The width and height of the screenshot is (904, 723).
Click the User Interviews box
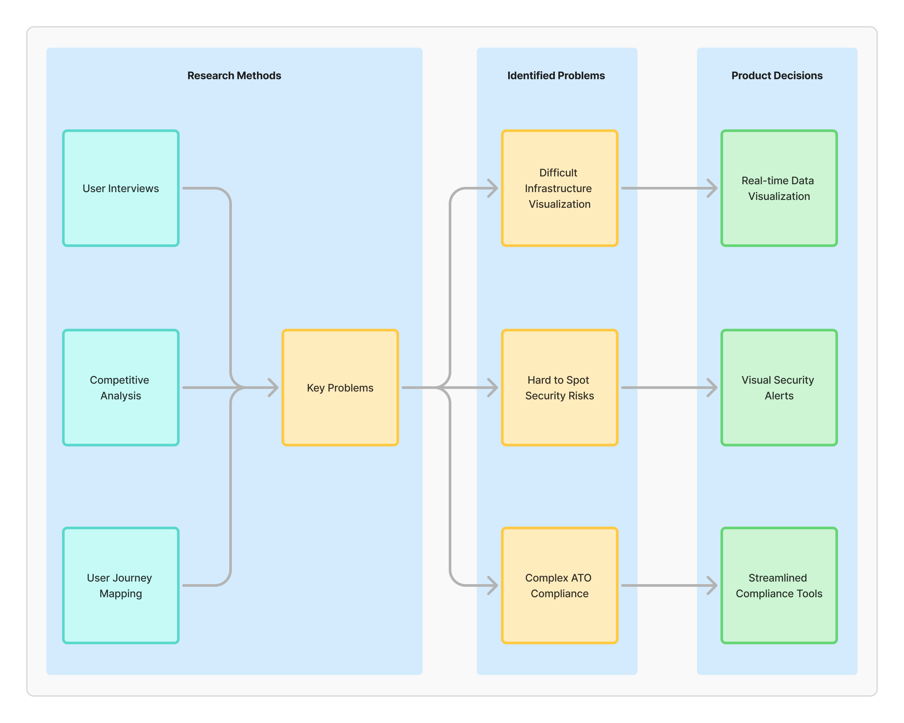121,188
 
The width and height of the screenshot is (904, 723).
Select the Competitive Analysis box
121,387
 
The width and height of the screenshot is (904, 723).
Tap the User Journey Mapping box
121,585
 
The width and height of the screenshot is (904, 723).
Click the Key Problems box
340,387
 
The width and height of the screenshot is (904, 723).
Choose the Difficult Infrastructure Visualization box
559,188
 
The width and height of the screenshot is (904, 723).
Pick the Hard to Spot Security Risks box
559,387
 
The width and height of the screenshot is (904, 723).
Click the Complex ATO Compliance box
559,585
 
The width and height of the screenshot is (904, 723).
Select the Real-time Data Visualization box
779,188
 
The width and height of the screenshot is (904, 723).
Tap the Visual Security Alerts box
779,387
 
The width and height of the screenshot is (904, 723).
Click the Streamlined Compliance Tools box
779,585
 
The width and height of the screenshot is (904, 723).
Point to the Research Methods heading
234,75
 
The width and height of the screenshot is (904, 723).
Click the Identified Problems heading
556,75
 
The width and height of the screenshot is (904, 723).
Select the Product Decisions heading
777,75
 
